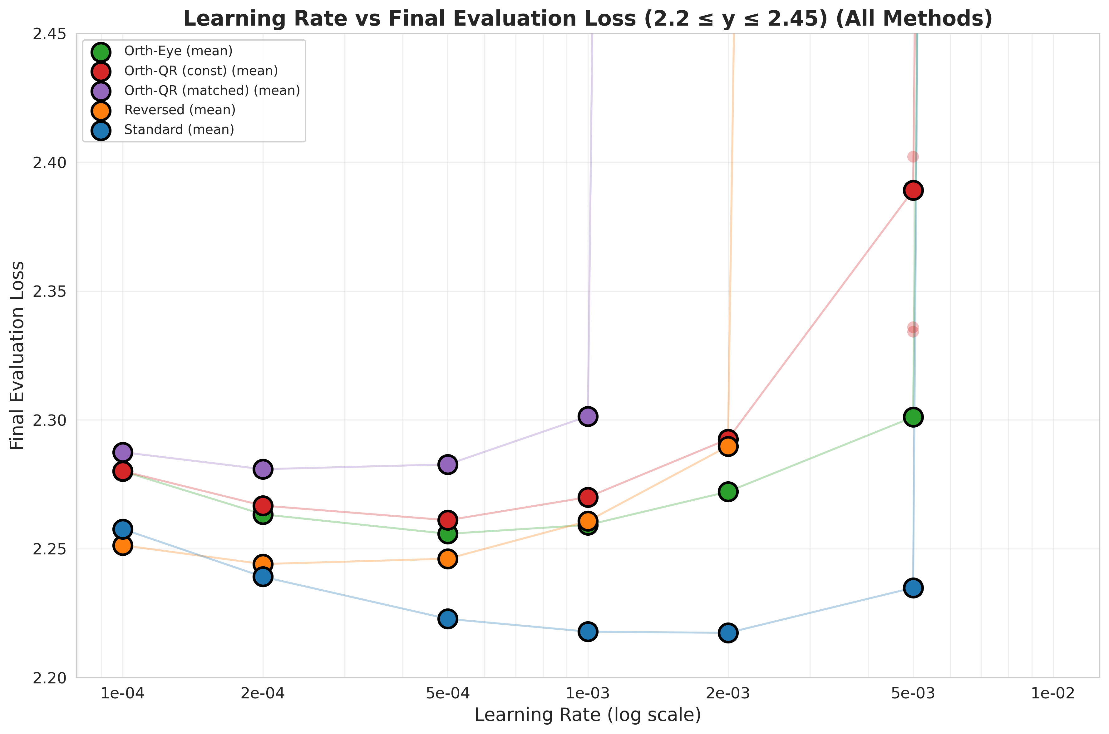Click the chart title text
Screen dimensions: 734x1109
click(x=587, y=19)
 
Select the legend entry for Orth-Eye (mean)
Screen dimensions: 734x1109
click(x=178, y=51)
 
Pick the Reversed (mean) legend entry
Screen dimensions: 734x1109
click(x=180, y=110)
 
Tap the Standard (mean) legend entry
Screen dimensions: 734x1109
click(x=179, y=130)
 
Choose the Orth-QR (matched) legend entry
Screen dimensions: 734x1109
click(x=211, y=90)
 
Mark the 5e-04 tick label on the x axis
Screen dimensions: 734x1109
click(x=447, y=693)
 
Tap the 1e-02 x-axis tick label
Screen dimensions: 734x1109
click(x=1053, y=693)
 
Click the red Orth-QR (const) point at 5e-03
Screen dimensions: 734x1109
click(x=913, y=191)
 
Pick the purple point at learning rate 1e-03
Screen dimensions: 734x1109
click(x=588, y=416)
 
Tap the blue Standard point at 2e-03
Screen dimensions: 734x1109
click(x=728, y=633)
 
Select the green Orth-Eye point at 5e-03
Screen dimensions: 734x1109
click(x=913, y=417)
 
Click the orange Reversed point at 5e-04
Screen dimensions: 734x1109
click(x=447, y=559)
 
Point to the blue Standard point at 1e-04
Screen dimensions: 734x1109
click(x=123, y=529)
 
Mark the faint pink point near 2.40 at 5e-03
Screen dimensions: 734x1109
click(x=913, y=157)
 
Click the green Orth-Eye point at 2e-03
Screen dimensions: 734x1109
click(x=728, y=492)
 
